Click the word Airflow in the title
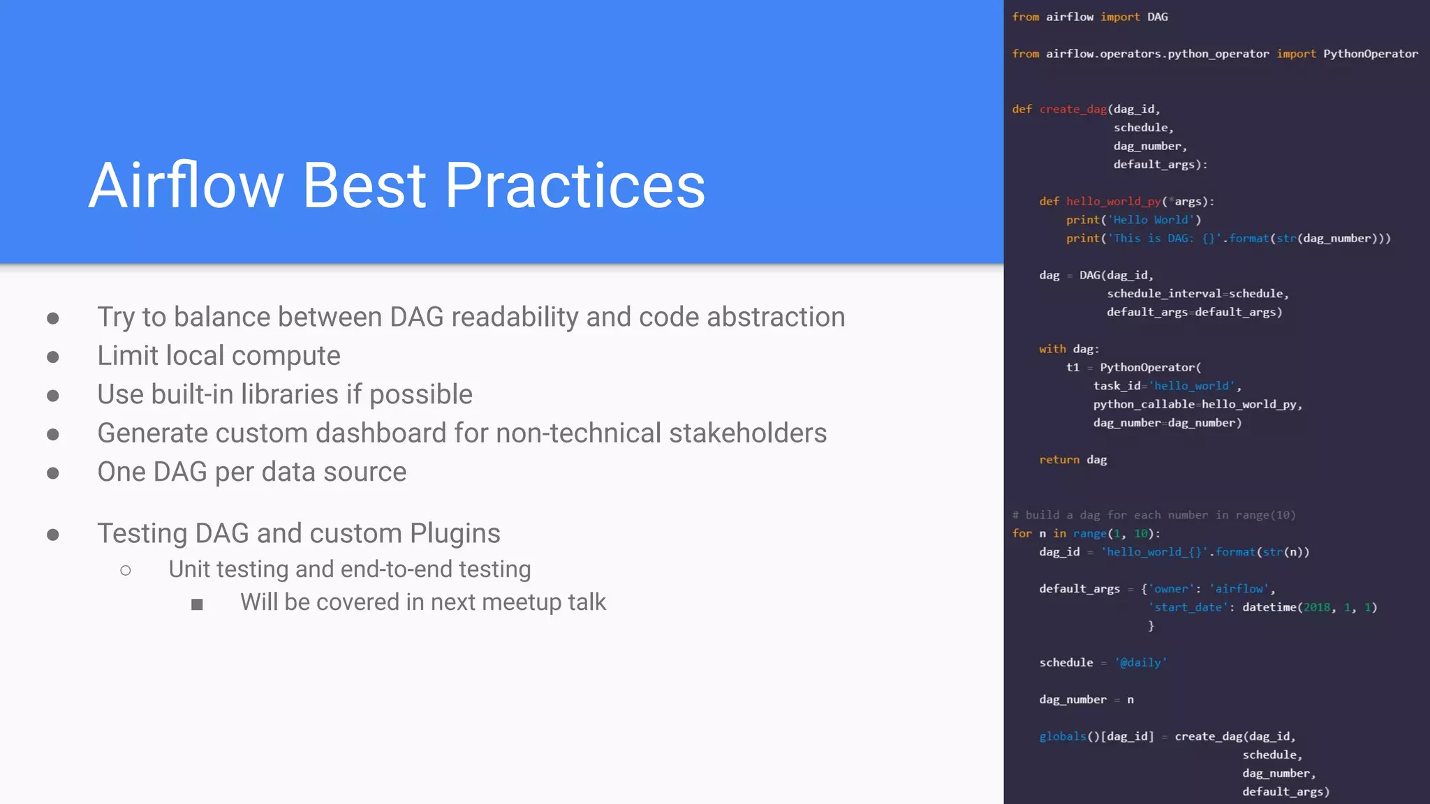(x=186, y=186)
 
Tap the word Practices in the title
(x=575, y=186)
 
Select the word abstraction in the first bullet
(x=776, y=318)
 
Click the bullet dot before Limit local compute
(x=53, y=357)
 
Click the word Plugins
(x=455, y=534)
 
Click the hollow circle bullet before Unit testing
(x=126, y=571)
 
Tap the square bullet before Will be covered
(x=197, y=604)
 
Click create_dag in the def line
(x=1072, y=110)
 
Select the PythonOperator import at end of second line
(x=1370, y=54)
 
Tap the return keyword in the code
(x=1059, y=460)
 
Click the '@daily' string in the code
(x=1140, y=663)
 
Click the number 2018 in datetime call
(x=1316, y=608)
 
